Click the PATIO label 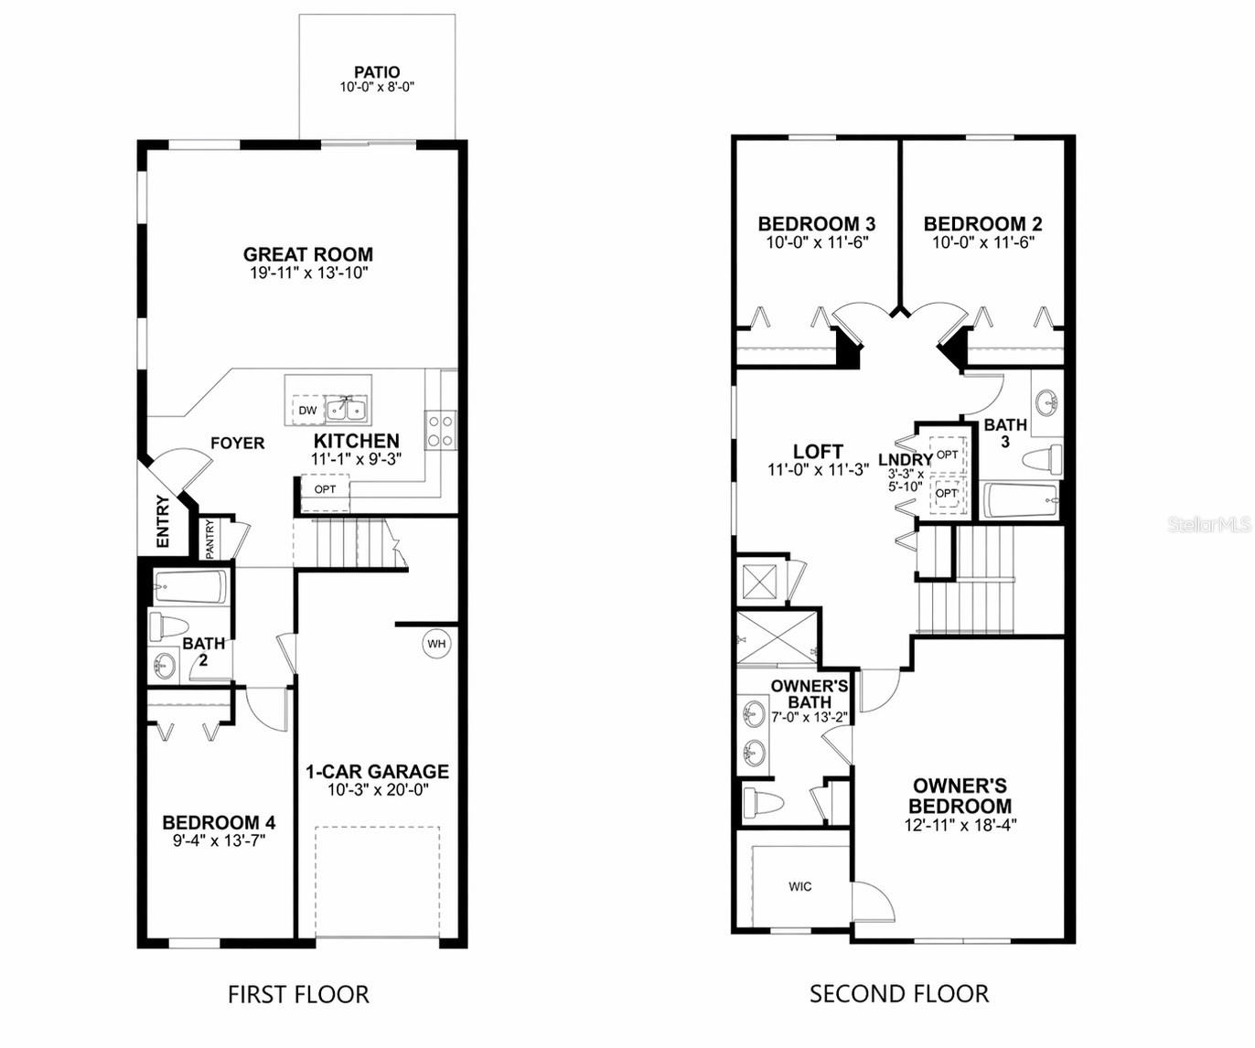pyautogui.click(x=377, y=72)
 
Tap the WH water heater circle pyautogui.click(x=436, y=644)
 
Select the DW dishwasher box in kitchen pyautogui.click(x=308, y=410)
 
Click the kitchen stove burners pyautogui.click(x=441, y=430)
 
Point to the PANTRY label pyautogui.click(x=209, y=539)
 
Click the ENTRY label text pyautogui.click(x=163, y=521)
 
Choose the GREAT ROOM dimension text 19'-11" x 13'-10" pyautogui.click(x=308, y=273)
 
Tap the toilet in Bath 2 pyautogui.click(x=169, y=626)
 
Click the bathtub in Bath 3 pyautogui.click(x=1021, y=500)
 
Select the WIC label pyautogui.click(x=799, y=886)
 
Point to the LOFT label pyautogui.click(x=818, y=451)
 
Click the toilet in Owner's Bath pyautogui.click(x=765, y=803)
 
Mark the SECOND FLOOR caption pyautogui.click(x=899, y=994)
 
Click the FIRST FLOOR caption pyautogui.click(x=298, y=994)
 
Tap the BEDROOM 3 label pyautogui.click(x=816, y=223)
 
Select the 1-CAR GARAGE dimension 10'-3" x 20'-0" pyautogui.click(x=378, y=790)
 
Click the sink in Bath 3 pyautogui.click(x=1046, y=401)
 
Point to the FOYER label pyautogui.click(x=238, y=443)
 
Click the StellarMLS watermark pyautogui.click(x=1209, y=524)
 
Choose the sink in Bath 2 pyautogui.click(x=165, y=664)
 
